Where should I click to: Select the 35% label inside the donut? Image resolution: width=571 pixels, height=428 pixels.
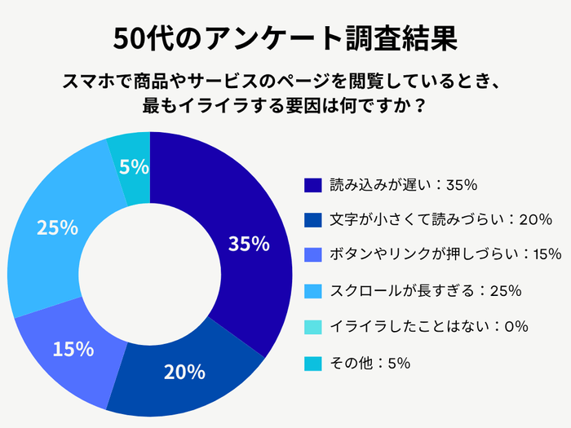coord(249,243)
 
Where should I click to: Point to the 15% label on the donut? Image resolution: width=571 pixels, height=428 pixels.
coord(73,349)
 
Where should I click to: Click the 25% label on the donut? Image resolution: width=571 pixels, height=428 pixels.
coord(57,227)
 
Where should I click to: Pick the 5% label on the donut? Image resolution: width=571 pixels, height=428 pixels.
coord(133,167)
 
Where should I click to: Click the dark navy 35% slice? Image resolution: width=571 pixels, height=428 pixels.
coord(245,204)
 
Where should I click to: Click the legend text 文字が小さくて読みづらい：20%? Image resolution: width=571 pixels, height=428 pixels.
coord(441,220)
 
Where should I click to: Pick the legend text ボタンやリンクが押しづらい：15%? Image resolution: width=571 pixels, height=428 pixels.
coord(445,255)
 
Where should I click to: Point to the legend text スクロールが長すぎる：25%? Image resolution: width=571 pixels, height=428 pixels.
coord(426,290)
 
